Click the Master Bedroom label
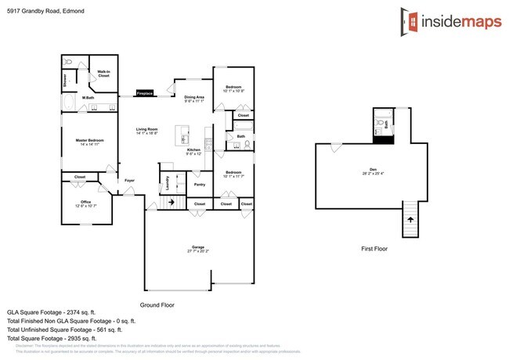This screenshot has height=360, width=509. tap(90, 140)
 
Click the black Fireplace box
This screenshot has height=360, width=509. tap(145, 92)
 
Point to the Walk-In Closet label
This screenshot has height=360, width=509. tap(103, 74)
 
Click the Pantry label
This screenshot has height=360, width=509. tap(200, 185)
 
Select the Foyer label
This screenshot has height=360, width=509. tap(129, 181)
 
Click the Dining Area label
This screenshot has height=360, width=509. tap(193, 97)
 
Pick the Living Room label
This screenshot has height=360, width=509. tap(147, 130)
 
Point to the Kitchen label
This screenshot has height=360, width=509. tap(193, 150)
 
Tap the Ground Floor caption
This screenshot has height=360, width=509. tap(157, 305)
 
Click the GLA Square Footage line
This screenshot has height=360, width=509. tap(56, 312)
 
